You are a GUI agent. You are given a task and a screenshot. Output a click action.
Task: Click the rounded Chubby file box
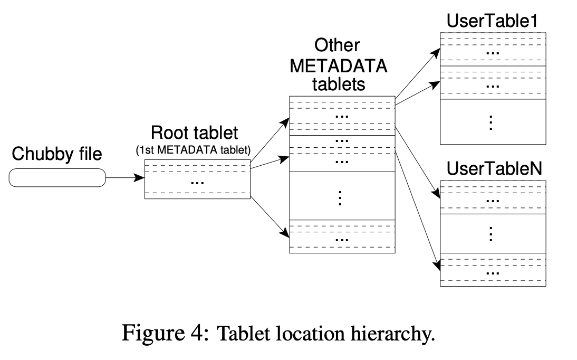(57, 178)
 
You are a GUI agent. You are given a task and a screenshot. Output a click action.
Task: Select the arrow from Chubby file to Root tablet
(124, 178)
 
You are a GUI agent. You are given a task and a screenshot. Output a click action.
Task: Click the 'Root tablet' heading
(194, 132)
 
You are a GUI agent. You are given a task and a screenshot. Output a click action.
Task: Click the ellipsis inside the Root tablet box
(197, 182)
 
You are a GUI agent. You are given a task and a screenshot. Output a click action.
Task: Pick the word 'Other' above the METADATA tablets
(338, 45)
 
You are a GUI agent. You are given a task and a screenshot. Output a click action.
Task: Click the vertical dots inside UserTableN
(492, 234)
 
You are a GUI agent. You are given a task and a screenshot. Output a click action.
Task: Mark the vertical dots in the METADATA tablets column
(341, 196)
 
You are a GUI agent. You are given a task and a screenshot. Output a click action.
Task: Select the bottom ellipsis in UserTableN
(493, 272)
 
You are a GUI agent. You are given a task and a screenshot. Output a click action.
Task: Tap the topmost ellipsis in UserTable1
(493, 53)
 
